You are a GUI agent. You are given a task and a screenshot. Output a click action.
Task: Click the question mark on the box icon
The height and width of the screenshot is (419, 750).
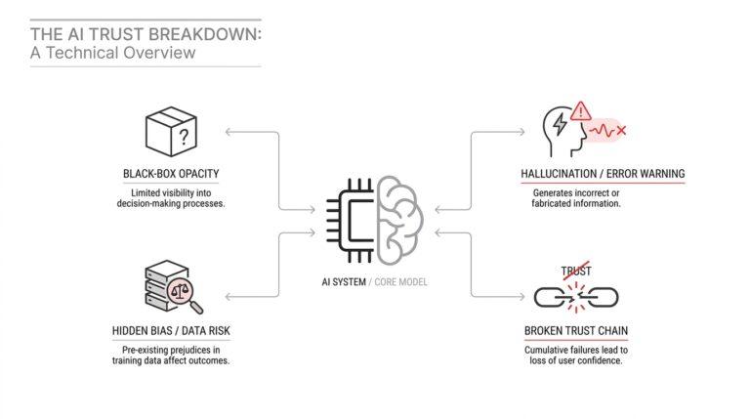point(184,138)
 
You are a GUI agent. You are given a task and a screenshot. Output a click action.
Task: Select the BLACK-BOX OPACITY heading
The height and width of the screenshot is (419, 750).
point(171,174)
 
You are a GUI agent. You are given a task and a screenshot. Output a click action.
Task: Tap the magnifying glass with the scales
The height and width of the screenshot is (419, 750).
point(185,294)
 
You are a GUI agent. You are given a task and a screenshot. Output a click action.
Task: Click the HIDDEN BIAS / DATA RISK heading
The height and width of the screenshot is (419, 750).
point(171,330)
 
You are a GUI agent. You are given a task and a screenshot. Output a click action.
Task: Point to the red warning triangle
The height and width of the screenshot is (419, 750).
point(581,111)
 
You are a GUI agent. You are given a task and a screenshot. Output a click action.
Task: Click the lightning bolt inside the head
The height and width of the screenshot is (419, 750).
point(560,124)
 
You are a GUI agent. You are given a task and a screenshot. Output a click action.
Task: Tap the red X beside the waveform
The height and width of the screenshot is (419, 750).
point(621,130)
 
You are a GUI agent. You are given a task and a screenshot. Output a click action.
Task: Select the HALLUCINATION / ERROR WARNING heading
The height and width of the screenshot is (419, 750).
point(603,174)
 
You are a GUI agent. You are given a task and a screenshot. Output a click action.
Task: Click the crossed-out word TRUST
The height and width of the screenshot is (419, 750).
point(576,272)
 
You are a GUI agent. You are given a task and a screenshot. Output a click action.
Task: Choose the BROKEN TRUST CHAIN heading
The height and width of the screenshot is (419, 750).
point(576,330)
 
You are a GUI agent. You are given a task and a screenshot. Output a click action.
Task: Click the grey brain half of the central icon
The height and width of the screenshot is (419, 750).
point(399,220)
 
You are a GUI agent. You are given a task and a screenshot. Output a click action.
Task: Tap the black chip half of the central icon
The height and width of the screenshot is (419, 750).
point(350,221)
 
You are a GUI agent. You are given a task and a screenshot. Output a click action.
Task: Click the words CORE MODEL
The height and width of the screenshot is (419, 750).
point(400,281)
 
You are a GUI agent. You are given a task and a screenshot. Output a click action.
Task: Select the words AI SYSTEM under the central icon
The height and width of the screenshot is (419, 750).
point(344,281)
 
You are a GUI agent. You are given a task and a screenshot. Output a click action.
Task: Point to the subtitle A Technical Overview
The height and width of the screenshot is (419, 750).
point(113,52)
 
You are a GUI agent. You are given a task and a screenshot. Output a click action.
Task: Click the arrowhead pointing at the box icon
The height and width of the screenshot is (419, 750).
point(229,132)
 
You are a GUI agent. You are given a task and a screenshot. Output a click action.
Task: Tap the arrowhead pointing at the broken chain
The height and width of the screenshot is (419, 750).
point(521,297)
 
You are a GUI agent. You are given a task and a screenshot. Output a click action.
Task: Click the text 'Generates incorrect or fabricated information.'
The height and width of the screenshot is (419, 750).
point(576,198)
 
